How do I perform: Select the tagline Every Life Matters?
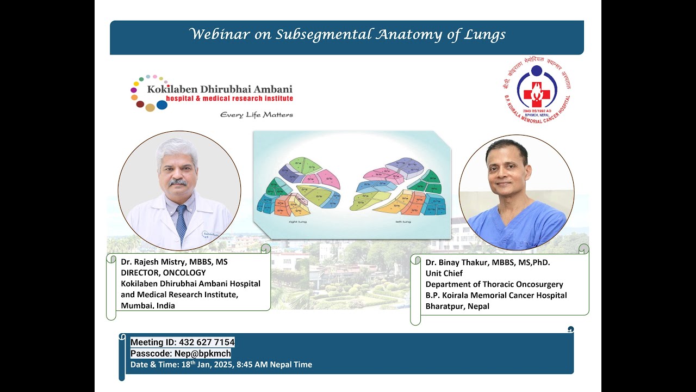[x=256, y=115]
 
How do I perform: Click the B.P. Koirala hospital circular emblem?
[x=536, y=90]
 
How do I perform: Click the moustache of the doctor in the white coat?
[x=178, y=182]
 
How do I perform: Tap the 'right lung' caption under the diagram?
[x=296, y=222]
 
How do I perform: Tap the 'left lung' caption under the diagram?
[x=403, y=222]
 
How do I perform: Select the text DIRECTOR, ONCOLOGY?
[x=163, y=273]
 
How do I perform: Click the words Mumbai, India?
[x=148, y=305]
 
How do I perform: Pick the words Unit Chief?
[x=444, y=273]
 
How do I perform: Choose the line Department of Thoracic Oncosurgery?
[x=494, y=284]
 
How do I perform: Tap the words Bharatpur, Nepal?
[x=457, y=306]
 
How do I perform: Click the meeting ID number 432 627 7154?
[x=207, y=342]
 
